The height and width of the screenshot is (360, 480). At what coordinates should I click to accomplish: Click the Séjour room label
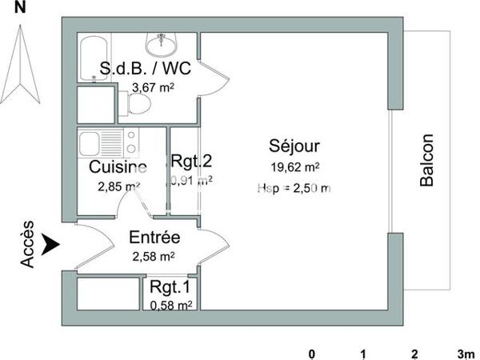tap(294, 146)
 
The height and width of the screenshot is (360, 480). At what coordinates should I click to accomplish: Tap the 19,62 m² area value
tap(294, 168)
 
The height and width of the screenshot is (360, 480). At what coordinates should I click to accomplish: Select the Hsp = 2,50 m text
tap(294, 188)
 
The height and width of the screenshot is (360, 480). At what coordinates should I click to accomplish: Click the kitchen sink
tap(90, 145)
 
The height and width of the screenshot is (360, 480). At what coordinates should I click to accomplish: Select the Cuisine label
tap(118, 168)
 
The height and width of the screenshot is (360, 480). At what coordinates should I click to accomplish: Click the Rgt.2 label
tap(192, 161)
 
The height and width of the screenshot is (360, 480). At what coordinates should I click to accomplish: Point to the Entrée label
tap(154, 238)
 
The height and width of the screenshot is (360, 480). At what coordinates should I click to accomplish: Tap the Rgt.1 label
tap(171, 287)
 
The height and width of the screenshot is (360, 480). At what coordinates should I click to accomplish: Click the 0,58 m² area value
tap(171, 305)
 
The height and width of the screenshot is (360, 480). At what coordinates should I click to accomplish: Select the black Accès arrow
tap(50, 244)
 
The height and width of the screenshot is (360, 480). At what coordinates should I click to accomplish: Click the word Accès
tap(27, 244)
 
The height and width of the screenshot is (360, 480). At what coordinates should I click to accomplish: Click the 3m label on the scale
tap(466, 354)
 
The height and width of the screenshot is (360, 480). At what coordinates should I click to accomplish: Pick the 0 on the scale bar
tap(313, 354)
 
